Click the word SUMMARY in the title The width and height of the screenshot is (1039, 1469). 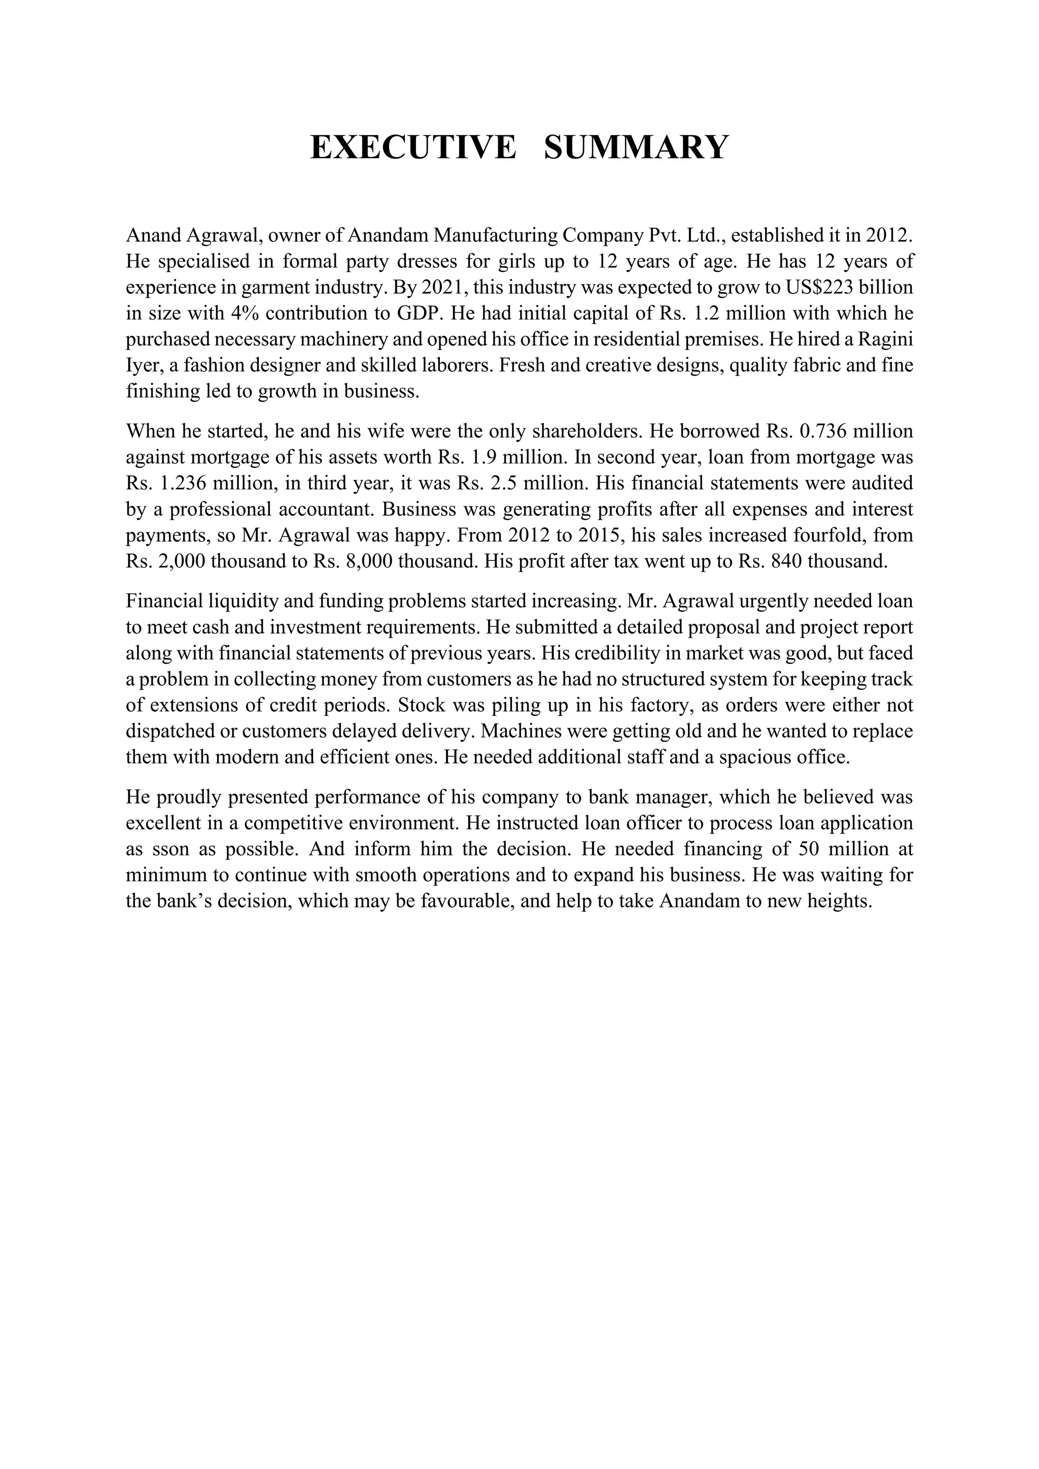[x=636, y=147]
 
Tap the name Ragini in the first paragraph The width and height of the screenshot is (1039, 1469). [x=885, y=340]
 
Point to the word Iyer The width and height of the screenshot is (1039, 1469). [x=140, y=366]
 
